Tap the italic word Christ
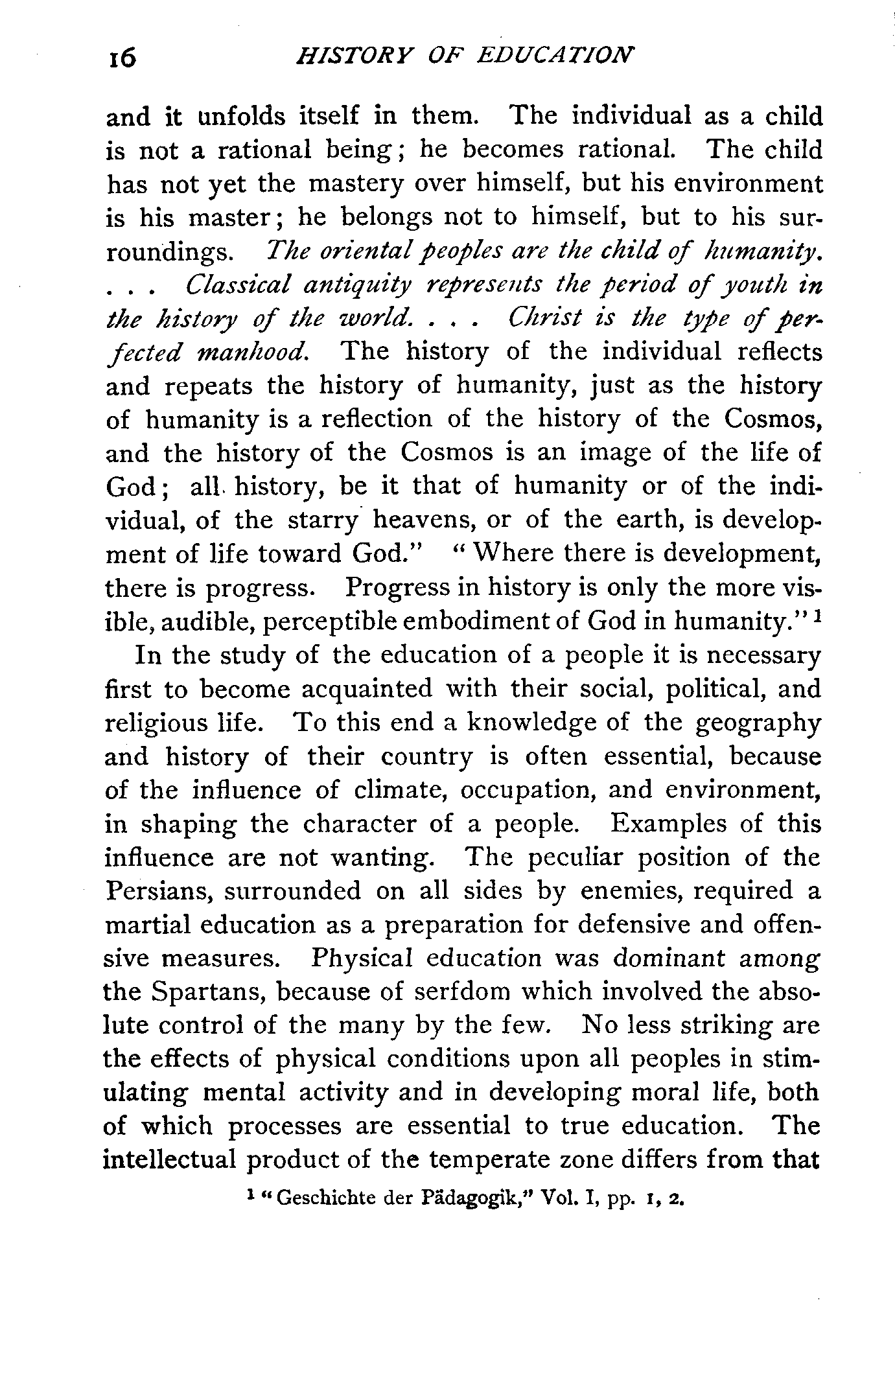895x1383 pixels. click(546, 318)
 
